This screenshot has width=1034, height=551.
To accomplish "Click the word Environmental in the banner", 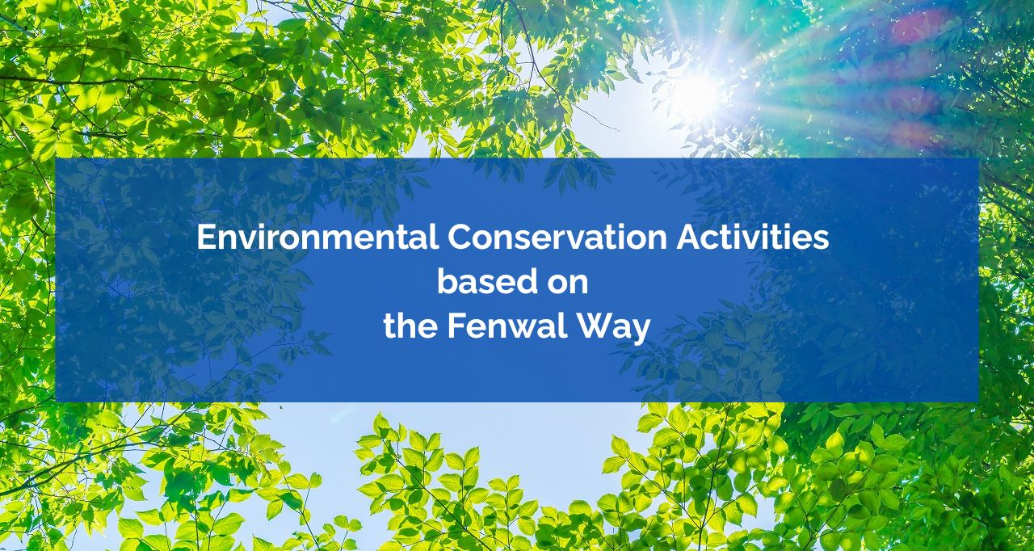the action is pyautogui.click(x=317, y=237).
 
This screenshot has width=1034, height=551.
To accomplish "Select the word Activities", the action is pyautogui.click(x=753, y=237).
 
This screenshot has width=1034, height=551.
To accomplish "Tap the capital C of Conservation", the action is pyautogui.click(x=460, y=238).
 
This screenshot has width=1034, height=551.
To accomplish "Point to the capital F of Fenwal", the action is pyautogui.click(x=456, y=326).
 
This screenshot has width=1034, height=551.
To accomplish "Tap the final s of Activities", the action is pyautogui.click(x=822, y=242).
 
